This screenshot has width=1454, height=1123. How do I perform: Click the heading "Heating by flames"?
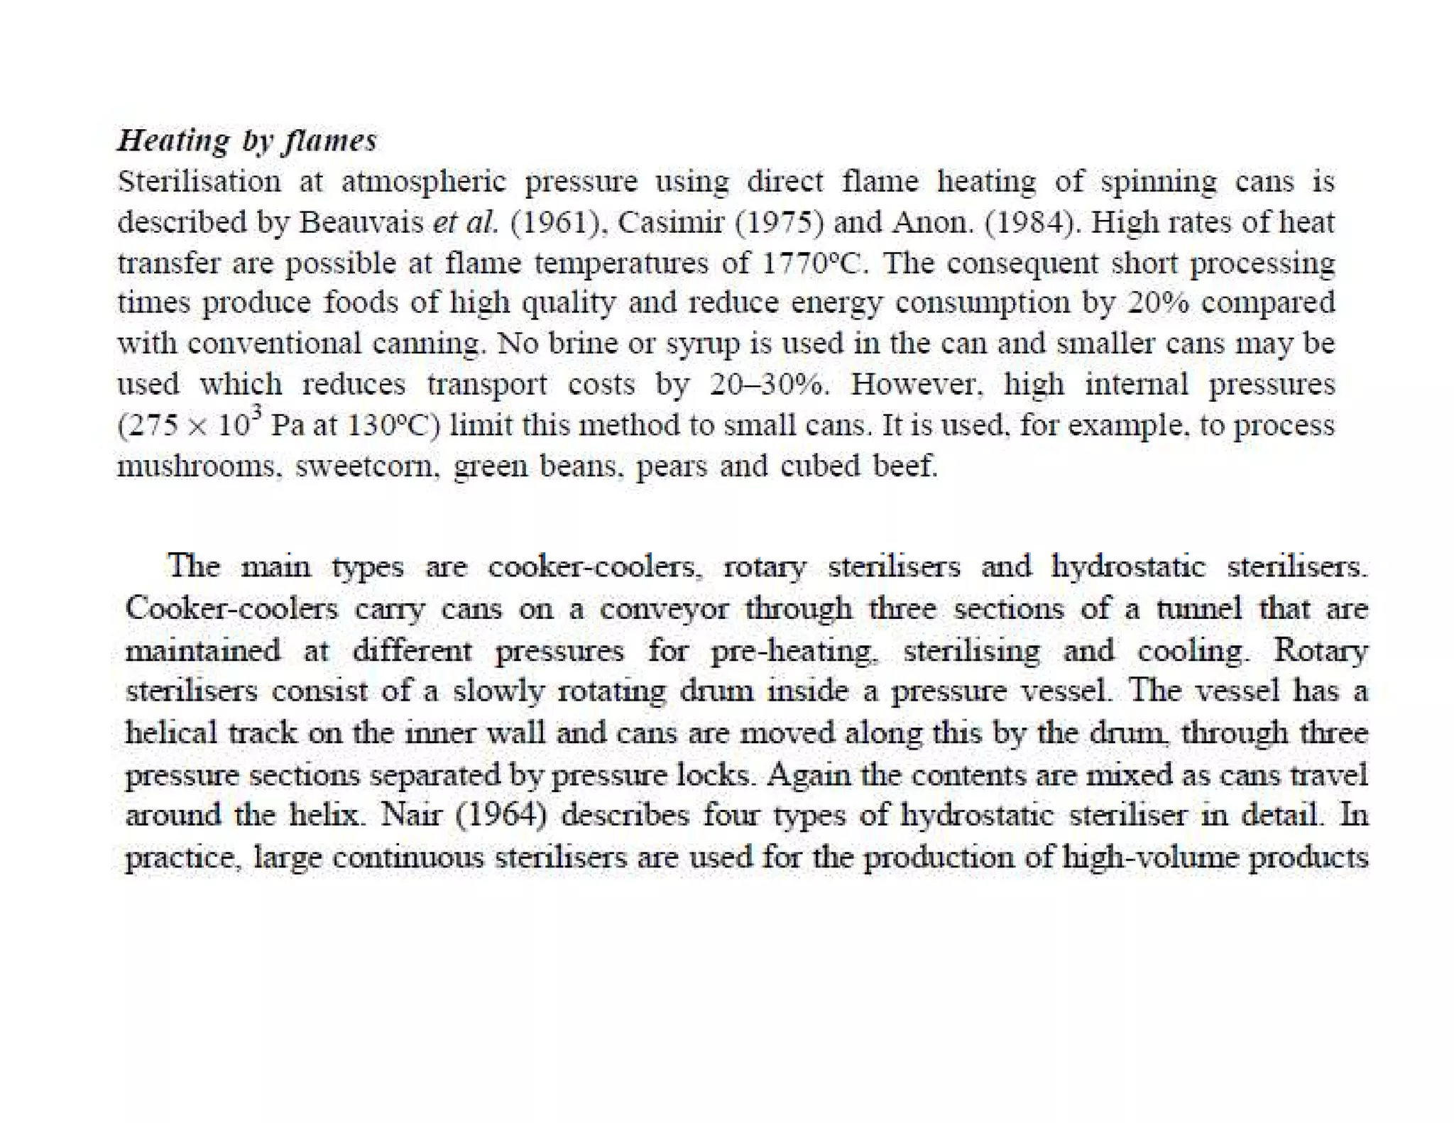pos(246,141)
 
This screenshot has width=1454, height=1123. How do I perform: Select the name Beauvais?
pos(361,223)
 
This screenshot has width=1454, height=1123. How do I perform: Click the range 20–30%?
pos(768,385)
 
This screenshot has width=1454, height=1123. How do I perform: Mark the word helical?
pos(170,732)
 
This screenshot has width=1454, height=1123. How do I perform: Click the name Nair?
pos(410,815)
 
